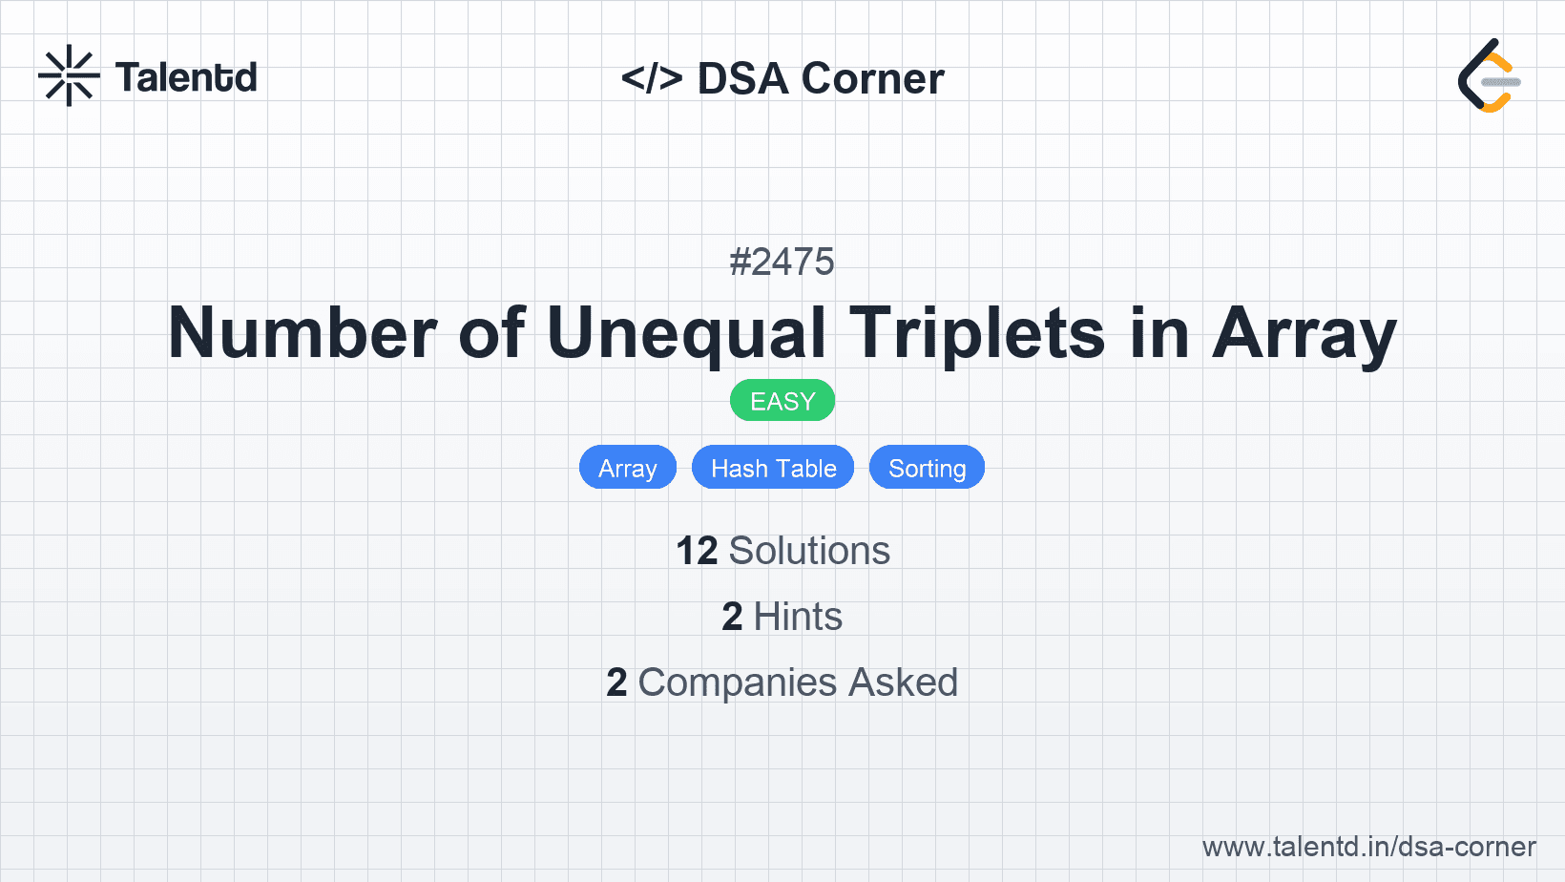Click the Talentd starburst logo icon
coord(69,76)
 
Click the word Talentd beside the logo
coord(186,77)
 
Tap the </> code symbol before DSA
coord(652,78)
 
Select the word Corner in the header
coord(873,78)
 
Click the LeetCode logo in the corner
coord(1489,76)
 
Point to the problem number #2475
coord(782,262)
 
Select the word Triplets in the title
coord(977,333)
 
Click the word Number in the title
coord(303,333)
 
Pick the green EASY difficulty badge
coord(782,401)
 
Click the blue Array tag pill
coord(628,468)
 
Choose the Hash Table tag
coord(773,468)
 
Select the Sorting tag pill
coord(927,468)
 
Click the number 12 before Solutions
coord(697,551)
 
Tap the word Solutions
coord(809,551)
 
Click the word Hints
coord(798,617)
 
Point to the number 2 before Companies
coord(616,682)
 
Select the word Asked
coord(903,682)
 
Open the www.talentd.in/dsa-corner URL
coord(1368,847)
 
